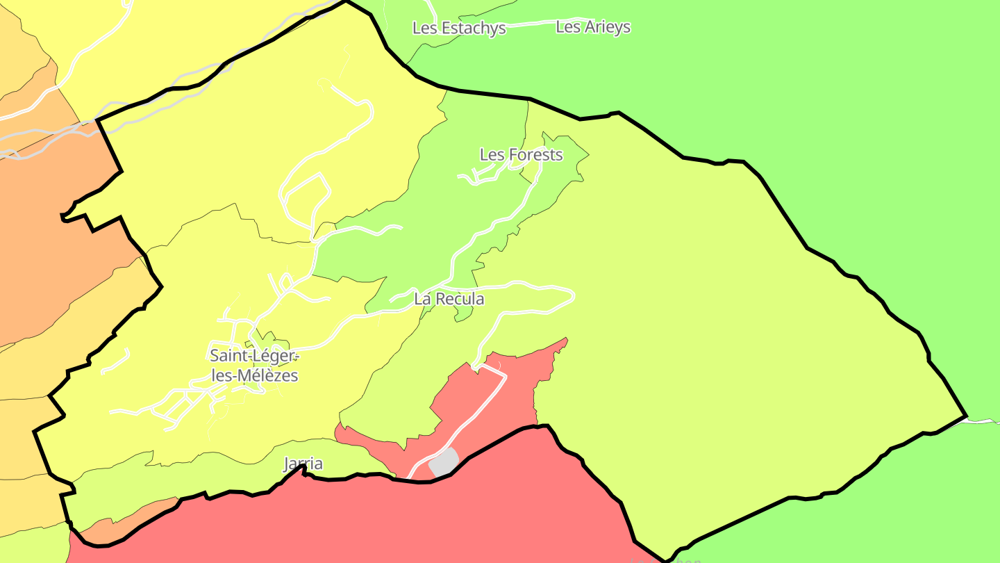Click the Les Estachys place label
(459, 28)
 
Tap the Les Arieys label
(593, 27)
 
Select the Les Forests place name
(521, 154)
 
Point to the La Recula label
(449, 299)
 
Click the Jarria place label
(303, 464)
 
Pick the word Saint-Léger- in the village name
(254, 355)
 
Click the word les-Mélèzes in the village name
(254, 376)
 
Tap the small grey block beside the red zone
(444, 462)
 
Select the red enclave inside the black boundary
(486, 403)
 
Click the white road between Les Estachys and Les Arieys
(531, 24)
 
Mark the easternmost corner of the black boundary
(966, 416)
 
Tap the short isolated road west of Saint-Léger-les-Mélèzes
(116, 362)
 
